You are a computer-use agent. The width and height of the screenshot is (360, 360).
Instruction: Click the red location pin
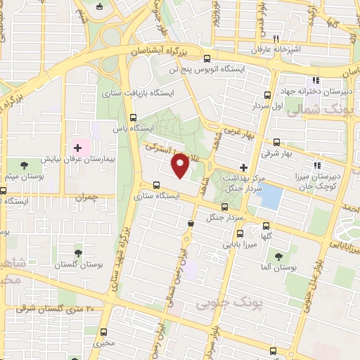click(181, 165)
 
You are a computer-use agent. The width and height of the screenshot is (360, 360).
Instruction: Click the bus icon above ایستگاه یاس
click(134, 118)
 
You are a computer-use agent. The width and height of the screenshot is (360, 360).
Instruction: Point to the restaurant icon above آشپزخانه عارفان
click(277, 39)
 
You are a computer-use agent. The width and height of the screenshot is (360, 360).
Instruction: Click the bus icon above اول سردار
click(267, 94)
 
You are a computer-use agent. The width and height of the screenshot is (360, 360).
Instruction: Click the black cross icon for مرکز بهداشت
click(243, 167)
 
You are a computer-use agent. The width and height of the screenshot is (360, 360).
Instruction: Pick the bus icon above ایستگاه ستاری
click(156, 186)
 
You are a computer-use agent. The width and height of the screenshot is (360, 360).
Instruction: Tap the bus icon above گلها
click(266, 226)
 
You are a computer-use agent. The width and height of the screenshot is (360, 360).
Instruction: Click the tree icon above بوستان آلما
click(280, 257)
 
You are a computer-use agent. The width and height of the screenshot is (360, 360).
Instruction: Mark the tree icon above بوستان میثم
click(25, 165)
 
